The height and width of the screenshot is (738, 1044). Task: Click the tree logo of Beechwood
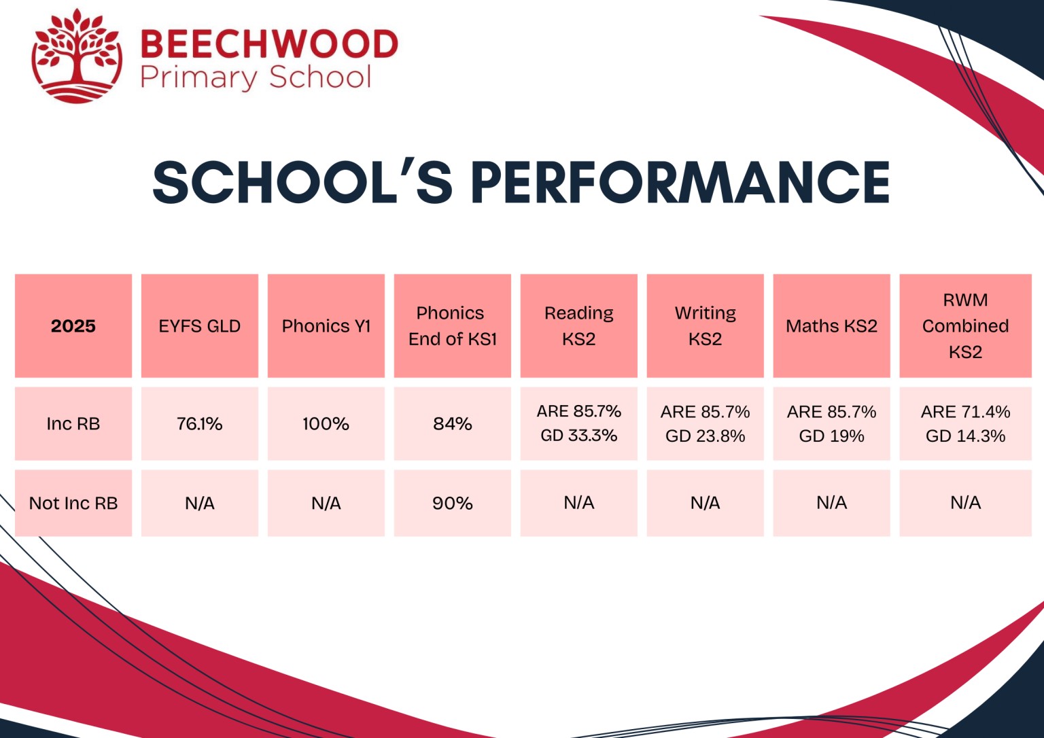point(77,56)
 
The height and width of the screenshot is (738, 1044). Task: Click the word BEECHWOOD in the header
point(268,45)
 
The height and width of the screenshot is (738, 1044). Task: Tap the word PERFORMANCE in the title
point(680,183)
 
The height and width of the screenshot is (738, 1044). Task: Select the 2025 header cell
point(73,326)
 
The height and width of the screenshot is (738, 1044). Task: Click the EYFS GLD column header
point(200,326)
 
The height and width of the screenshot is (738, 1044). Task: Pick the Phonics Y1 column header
point(326,326)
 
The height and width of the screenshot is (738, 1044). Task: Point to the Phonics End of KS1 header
point(453,326)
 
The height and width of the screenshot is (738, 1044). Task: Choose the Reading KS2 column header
point(579,326)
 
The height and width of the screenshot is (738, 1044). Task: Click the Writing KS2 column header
point(706,326)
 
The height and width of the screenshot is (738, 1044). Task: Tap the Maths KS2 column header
point(832,326)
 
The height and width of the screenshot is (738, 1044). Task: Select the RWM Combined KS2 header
point(965,326)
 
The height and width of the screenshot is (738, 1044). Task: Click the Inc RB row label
point(73,424)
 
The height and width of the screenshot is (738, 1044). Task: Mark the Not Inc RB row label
point(73,504)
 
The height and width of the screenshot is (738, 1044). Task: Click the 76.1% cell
point(200,424)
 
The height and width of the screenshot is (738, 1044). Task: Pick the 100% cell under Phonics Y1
point(326,424)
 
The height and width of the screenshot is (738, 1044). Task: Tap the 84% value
point(453,424)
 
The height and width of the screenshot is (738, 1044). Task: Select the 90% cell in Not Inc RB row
point(453,504)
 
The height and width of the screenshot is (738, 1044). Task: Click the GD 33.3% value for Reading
point(579,436)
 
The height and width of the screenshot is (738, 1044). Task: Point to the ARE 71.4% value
point(965,412)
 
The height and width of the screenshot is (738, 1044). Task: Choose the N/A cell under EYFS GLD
point(200,504)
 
